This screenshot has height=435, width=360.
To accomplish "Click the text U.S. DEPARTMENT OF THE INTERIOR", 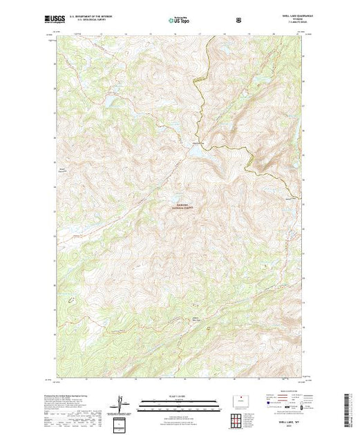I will point(93,18).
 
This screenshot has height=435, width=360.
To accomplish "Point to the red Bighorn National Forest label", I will point(187,206).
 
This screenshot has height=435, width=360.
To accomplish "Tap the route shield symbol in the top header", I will point(239,20).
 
